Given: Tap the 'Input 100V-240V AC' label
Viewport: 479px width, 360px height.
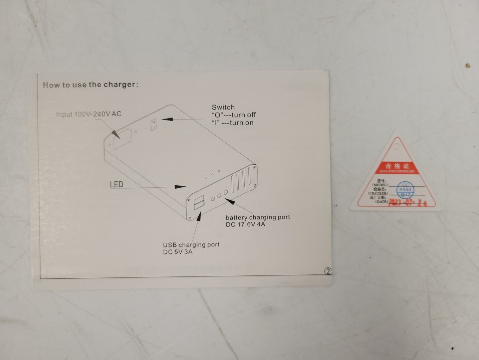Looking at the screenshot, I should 89,114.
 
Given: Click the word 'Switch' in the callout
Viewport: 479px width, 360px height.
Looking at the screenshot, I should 223,107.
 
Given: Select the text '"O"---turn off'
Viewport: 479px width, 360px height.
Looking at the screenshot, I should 234,115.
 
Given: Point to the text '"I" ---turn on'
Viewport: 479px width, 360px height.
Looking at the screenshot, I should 232,123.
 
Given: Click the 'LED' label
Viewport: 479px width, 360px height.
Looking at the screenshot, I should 116,184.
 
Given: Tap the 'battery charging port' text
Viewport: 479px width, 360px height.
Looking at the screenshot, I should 258,217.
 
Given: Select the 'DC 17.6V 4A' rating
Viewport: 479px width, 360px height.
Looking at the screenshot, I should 245,225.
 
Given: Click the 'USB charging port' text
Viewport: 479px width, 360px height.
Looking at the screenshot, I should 191,244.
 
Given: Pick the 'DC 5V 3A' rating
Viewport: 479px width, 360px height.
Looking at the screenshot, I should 177,252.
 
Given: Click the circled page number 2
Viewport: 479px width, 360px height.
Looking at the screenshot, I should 328,271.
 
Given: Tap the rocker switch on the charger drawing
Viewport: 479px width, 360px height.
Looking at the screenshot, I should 153,125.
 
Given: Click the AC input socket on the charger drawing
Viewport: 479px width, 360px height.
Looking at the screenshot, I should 123,139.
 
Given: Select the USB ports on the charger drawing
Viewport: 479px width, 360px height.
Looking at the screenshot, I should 199,203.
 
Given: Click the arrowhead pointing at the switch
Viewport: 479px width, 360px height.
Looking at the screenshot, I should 167,119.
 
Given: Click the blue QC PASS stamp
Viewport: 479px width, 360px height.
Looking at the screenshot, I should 405,189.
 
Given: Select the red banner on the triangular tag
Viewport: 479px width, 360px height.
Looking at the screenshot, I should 397,168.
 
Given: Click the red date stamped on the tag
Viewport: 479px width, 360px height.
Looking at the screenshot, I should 407,203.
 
